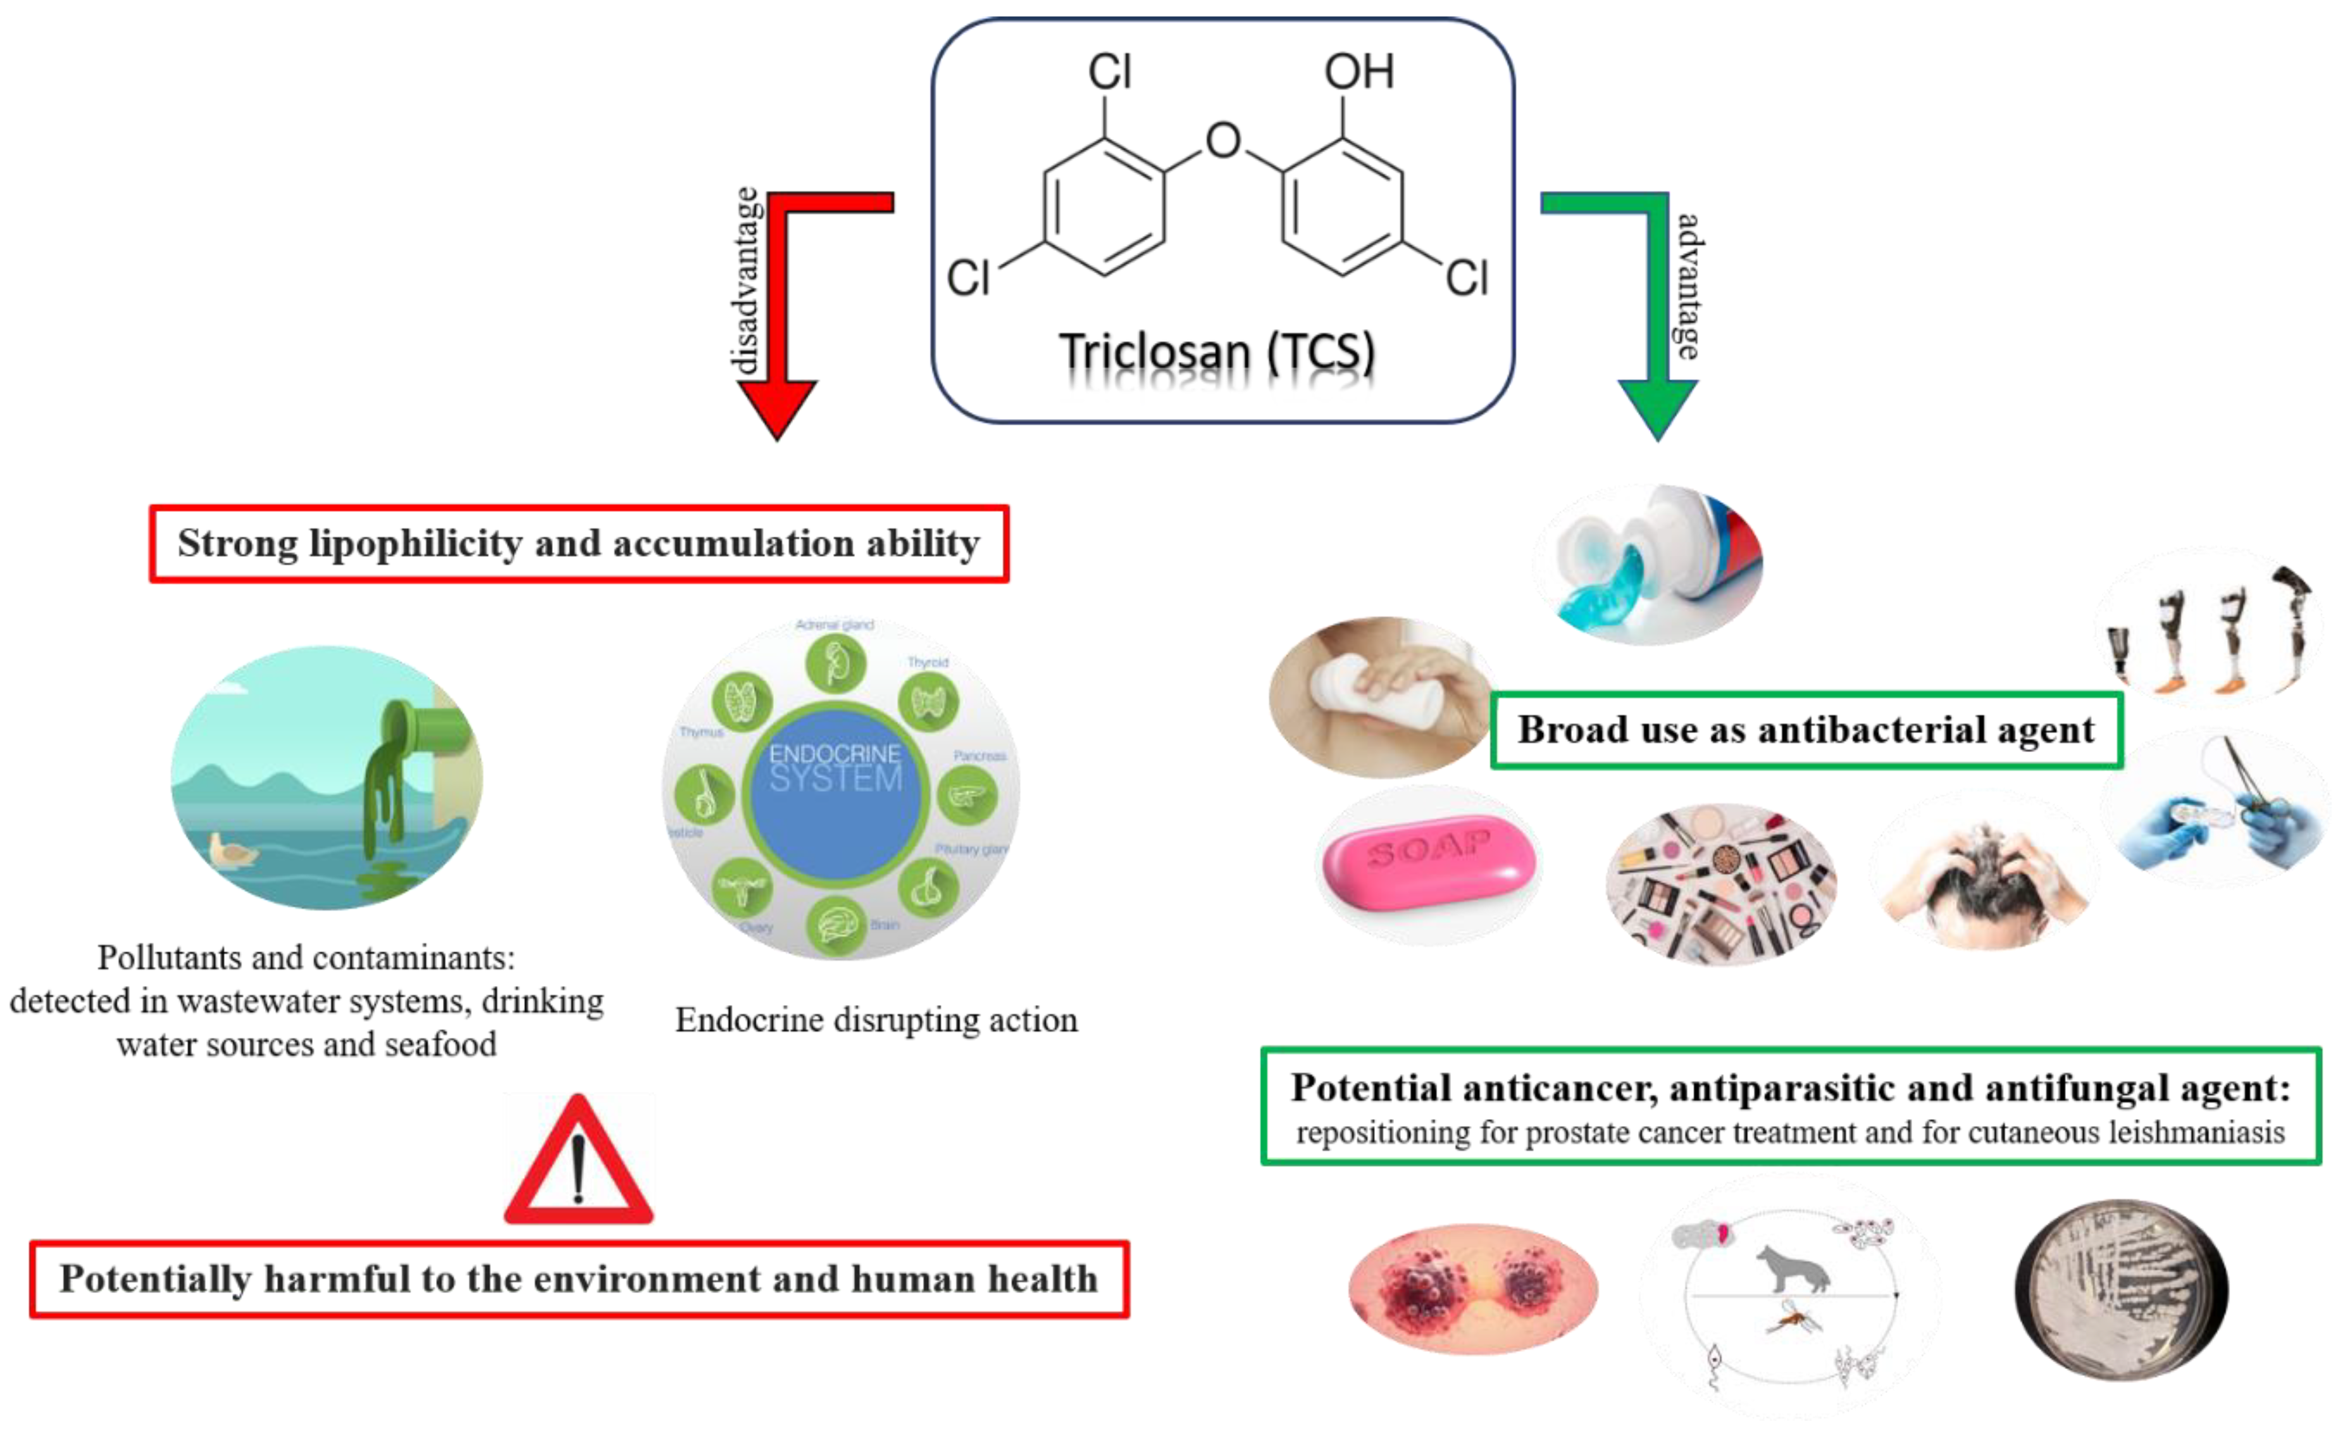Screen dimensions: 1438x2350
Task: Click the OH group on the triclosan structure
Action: point(1358,72)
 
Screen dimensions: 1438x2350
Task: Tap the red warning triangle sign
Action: point(579,1164)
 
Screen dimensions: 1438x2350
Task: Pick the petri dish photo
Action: point(2122,1288)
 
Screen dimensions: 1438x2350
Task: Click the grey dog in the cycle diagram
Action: point(1793,1269)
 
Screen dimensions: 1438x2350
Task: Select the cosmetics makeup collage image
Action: point(1722,883)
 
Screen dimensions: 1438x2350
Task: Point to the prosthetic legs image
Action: point(2213,630)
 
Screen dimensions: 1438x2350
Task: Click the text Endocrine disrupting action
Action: point(876,1020)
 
